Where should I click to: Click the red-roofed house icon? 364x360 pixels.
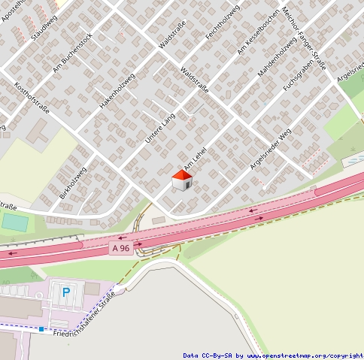coord(182,180)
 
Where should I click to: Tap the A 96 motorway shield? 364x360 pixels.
coord(120,248)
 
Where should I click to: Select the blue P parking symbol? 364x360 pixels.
coord(65,292)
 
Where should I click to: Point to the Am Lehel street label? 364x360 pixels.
coord(195,162)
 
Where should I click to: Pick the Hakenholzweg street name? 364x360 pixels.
coord(117,91)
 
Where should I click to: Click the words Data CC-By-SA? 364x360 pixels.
coord(208,355)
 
